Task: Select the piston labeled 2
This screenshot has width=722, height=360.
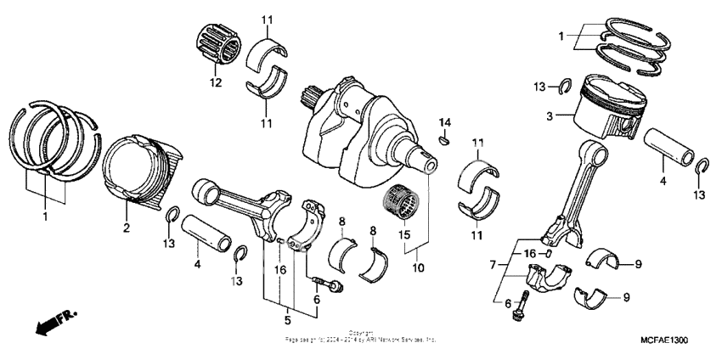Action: pyautogui.click(x=141, y=169)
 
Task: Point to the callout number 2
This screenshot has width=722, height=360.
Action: pyautogui.click(x=127, y=227)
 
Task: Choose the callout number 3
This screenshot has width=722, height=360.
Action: pyautogui.click(x=550, y=115)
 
